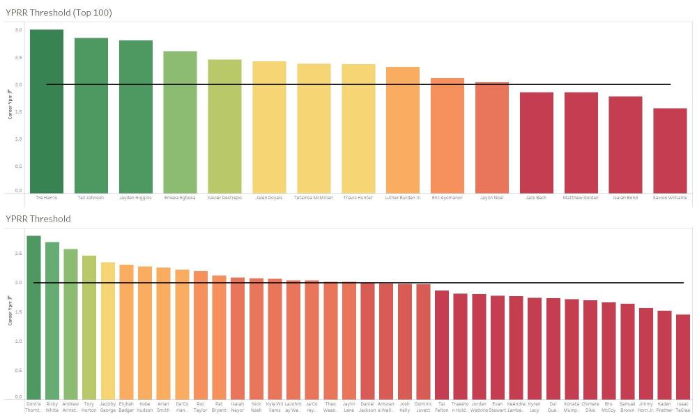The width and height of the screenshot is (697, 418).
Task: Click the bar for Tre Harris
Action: point(46,111)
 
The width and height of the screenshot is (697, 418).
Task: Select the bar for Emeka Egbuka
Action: point(180,122)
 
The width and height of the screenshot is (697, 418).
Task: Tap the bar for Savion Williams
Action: point(670,150)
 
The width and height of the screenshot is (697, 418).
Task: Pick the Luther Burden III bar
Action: point(403,130)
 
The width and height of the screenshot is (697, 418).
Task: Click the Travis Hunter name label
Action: point(358,198)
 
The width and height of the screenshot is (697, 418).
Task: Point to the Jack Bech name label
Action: point(536,198)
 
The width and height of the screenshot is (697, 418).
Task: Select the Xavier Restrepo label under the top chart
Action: point(224,198)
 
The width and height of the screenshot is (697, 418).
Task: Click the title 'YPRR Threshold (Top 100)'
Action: point(59,13)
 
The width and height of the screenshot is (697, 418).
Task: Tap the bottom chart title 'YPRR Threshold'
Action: point(38,219)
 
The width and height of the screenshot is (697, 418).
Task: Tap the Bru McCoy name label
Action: point(608,407)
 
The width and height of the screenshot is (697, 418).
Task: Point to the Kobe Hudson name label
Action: point(145,407)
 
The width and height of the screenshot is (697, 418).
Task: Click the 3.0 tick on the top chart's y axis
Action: point(18,30)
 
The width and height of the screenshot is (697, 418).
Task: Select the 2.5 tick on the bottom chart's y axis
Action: point(18,254)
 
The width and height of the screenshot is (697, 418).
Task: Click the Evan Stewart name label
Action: point(498,407)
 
